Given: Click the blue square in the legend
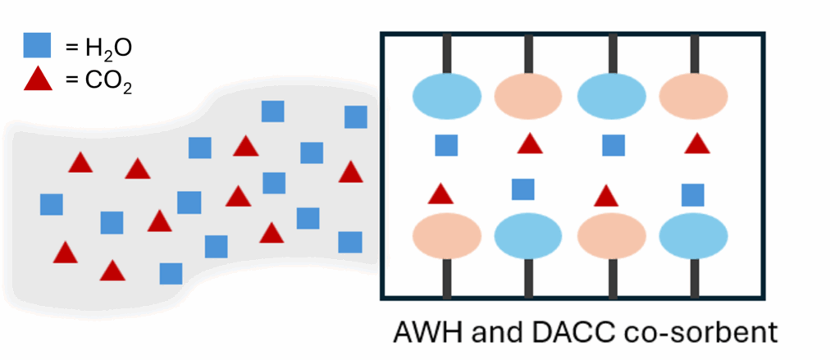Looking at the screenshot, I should point(36,47).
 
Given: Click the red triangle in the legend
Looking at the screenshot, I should point(36,81).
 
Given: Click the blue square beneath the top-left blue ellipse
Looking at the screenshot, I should point(446,145).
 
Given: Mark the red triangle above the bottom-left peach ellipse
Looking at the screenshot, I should point(441,194).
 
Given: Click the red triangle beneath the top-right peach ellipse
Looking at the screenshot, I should point(696,144).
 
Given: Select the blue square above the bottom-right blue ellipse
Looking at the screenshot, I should point(693,194).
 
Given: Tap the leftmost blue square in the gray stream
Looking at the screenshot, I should point(52,204).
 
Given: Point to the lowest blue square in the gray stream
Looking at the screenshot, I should point(171,273).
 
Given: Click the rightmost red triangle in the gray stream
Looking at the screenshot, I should point(350,172).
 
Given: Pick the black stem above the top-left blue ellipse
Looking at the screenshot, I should point(446,54).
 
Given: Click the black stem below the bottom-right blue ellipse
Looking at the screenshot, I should point(693,278).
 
